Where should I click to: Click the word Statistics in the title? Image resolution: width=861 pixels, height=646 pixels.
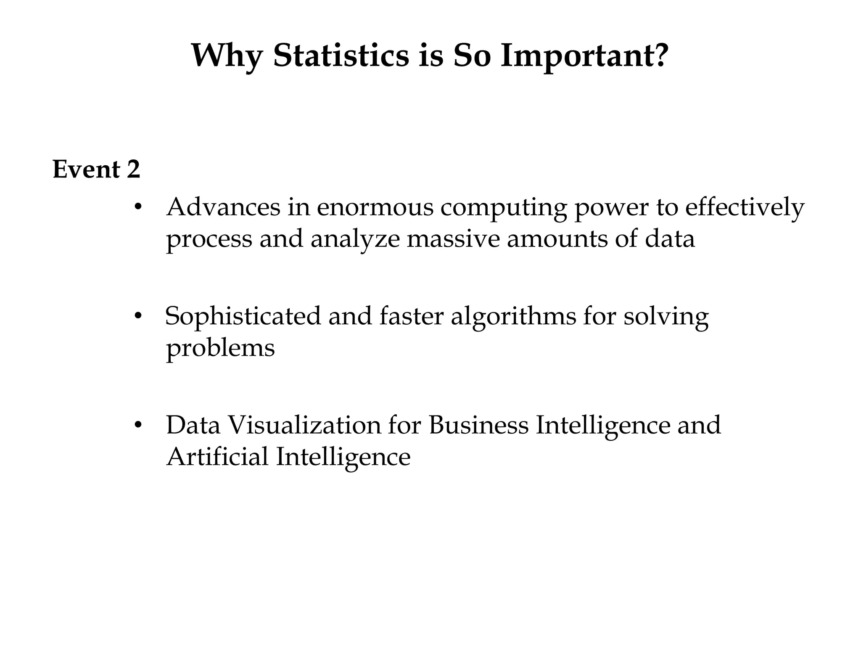pyautogui.click(x=341, y=56)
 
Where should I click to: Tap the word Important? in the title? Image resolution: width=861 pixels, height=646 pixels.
pyautogui.click(x=584, y=56)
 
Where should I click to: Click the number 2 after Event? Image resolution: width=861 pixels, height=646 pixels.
pyautogui.click(x=133, y=169)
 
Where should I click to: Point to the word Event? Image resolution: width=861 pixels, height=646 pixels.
pyautogui.click(x=87, y=169)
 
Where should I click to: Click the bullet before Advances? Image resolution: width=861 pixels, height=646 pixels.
pyautogui.click(x=137, y=207)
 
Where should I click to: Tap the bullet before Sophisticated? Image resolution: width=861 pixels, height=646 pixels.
pyautogui.click(x=137, y=316)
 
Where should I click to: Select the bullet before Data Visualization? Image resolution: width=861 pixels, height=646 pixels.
pyautogui.click(x=137, y=425)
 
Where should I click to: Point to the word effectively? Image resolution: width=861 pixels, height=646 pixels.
pyautogui.click(x=745, y=208)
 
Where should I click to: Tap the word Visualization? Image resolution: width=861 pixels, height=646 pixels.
pyautogui.click(x=304, y=425)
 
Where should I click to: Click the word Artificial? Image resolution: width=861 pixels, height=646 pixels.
pyautogui.click(x=217, y=457)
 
